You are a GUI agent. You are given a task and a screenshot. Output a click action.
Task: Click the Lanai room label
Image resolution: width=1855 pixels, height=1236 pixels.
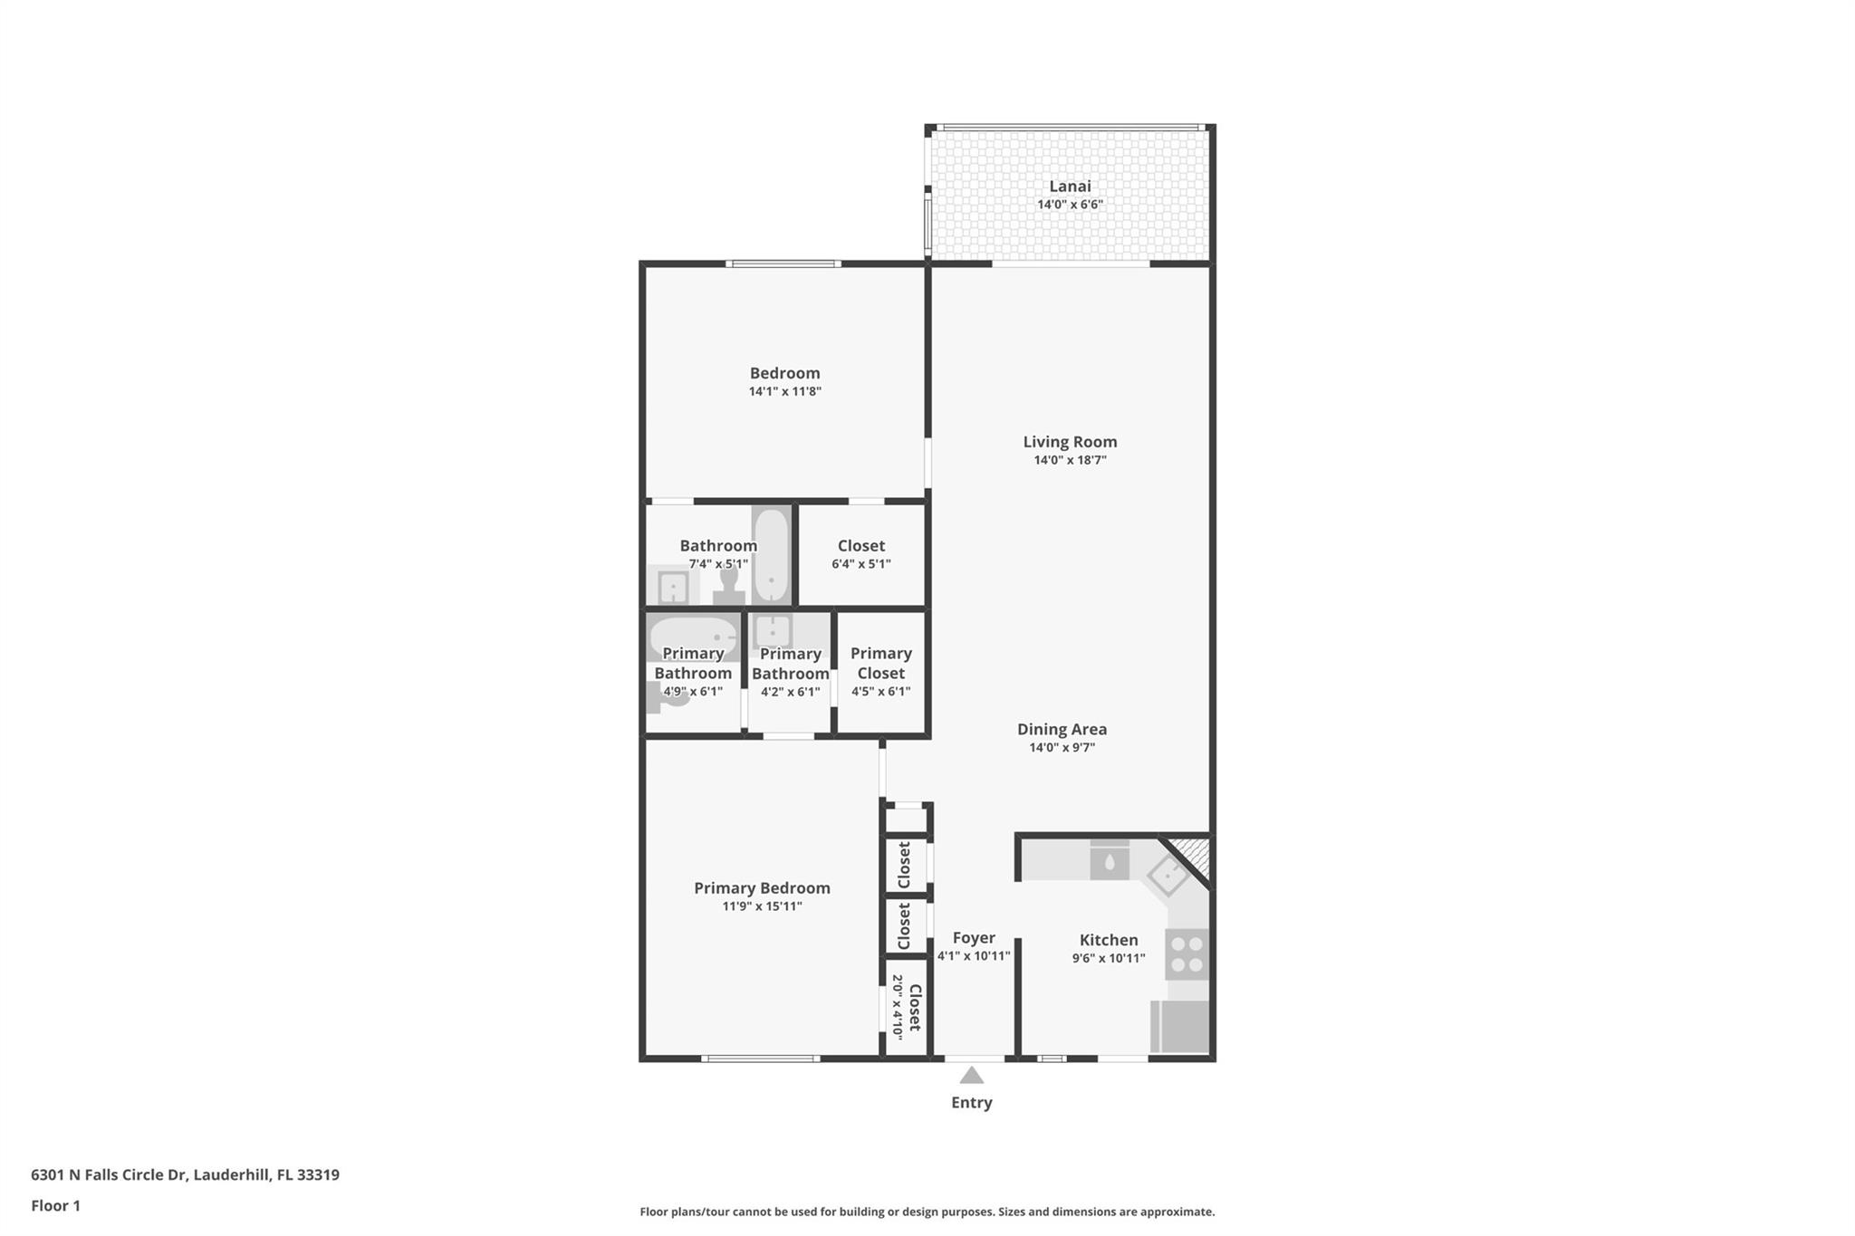tap(1070, 187)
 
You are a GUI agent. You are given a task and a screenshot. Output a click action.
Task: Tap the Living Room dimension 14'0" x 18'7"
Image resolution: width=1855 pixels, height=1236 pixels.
tap(1070, 460)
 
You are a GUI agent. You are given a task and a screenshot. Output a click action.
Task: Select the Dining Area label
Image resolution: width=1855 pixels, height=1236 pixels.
tap(1062, 729)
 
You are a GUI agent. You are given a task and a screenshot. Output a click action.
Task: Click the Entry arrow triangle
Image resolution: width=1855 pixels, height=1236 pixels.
tap(971, 1075)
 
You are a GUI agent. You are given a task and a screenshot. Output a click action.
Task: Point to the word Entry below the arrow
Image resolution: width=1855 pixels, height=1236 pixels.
tap(971, 1103)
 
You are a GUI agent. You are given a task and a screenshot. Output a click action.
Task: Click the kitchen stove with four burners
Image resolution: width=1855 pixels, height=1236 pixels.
tap(1187, 954)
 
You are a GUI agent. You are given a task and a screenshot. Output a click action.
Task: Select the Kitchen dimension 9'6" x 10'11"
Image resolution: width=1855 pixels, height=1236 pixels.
tap(1109, 958)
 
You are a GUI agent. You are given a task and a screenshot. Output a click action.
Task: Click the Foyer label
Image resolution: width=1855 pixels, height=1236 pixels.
tap(974, 938)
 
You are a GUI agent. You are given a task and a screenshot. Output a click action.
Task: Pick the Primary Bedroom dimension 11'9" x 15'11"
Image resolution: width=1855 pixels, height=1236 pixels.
tap(762, 906)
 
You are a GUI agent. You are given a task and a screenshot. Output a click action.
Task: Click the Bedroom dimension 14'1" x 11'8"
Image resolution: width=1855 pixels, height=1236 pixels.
tap(784, 391)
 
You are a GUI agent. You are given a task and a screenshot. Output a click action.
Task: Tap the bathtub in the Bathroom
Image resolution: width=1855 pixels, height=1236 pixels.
tap(771, 555)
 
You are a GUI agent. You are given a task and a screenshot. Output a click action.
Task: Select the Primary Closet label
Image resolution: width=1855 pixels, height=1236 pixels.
tap(880, 663)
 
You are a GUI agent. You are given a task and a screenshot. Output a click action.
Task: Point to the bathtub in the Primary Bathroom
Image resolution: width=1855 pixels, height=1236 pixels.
tap(694, 637)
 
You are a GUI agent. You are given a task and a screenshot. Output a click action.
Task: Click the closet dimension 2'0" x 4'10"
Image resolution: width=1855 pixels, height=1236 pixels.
tap(898, 1007)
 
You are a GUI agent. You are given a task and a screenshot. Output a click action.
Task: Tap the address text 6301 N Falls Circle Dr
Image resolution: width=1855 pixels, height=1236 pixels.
tap(109, 1175)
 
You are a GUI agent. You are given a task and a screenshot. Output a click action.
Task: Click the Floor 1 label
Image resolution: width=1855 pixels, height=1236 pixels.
tap(55, 1206)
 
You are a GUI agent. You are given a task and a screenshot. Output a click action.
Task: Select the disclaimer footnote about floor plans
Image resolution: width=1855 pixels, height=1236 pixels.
tap(927, 1212)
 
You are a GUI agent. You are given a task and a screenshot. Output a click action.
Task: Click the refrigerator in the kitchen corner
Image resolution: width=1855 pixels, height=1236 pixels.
tap(1180, 1027)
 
